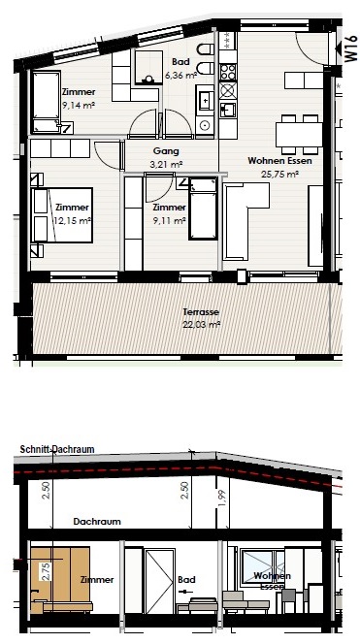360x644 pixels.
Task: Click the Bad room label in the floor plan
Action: tap(180, 62)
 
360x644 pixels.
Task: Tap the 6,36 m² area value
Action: tap(180, 75)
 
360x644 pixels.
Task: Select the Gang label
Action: tap(166, 151)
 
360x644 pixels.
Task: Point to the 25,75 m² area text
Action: tap(279, 174)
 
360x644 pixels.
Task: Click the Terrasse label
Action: tap(202, 312)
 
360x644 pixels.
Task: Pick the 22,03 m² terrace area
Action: tap(202, 325)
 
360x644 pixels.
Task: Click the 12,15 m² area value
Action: tap(72, 220)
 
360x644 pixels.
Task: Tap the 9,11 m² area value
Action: tap(169, 220)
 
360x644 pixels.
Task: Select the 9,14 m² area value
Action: tap(79, 105)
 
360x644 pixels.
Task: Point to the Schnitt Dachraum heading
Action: tap(57, 449)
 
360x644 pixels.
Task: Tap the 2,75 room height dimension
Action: tap(46, 570)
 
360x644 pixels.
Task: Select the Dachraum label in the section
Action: tap(97, 522)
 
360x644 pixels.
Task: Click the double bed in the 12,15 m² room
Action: tap(62, 215)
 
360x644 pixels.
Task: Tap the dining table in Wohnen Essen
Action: tap(299, 135)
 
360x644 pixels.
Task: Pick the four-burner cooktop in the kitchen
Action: tap(228, 72)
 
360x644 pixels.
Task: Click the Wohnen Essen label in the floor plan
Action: tap(279, 161)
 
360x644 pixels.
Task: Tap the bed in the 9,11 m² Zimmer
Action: tap(203, 209)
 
